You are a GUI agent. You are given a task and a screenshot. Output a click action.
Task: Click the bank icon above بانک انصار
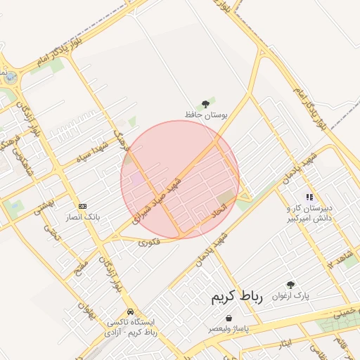point(83,206)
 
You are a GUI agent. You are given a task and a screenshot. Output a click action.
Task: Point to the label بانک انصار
point(84,217)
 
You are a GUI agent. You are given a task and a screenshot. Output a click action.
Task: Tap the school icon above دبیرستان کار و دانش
point(309,197)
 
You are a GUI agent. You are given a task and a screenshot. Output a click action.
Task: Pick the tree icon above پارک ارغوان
point(290,285)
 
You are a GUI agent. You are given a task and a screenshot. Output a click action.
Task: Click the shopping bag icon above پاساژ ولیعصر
point(229,318)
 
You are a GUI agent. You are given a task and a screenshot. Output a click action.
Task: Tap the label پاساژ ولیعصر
point(229,328)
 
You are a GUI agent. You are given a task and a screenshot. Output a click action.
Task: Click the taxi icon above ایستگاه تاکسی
point(130,311)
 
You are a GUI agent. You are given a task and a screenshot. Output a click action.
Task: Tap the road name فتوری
point(149,243)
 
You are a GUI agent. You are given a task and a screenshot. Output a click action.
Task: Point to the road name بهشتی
point(44,205)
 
